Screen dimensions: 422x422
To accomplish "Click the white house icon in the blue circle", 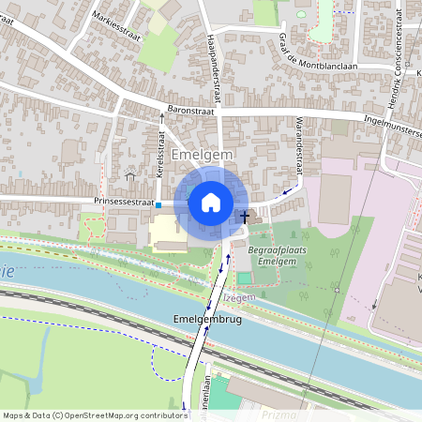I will pyautogui.click(x=211, y=202).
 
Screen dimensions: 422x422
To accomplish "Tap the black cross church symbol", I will pyautogui.click(x=246, y=217).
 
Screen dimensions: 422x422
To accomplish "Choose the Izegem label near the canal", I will pyautogui.click(x=240, y=297).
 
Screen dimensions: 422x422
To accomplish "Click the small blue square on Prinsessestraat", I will pyautogui.click(x=158, y=204).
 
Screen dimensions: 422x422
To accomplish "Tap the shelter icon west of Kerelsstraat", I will pyautogui.click(x=129, y=175).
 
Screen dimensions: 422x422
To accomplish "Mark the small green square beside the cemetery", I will pyautogui.click(x=245, y=277).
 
